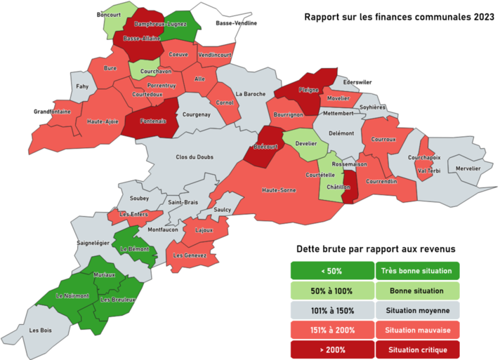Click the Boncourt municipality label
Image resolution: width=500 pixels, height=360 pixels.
[109, 14]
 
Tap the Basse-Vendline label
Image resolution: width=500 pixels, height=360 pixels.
[237, 23]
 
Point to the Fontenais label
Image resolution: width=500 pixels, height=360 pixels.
[153, 121]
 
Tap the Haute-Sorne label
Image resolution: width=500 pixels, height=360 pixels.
[278, 190]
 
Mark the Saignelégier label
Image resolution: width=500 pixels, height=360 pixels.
[93, 243]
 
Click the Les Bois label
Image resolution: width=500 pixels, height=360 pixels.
[41, 329]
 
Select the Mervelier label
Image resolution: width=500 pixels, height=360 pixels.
[468, 168]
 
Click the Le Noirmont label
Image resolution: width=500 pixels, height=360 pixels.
[73, 295]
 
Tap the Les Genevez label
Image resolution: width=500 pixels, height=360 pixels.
[190, 255]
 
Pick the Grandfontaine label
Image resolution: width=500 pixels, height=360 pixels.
[52, 112]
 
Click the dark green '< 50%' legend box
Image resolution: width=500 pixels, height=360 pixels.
[332, 271]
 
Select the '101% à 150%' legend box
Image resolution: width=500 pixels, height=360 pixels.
[332, 310]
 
